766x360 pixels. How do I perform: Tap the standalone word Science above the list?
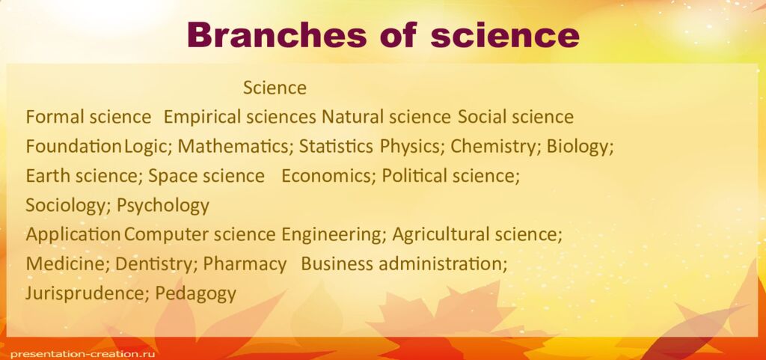tap(275, 88)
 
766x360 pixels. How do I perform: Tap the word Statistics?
tap(336, 146)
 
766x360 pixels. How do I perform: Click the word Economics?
tap(329, 176)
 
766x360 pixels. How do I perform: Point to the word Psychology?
tap(163, 205)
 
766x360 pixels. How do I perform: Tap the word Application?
tap(73, 234)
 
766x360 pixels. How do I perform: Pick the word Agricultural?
tap(441, 234)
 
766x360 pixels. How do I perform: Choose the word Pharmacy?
tap(245, 263)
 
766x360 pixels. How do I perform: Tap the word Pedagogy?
tap(196, 293)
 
